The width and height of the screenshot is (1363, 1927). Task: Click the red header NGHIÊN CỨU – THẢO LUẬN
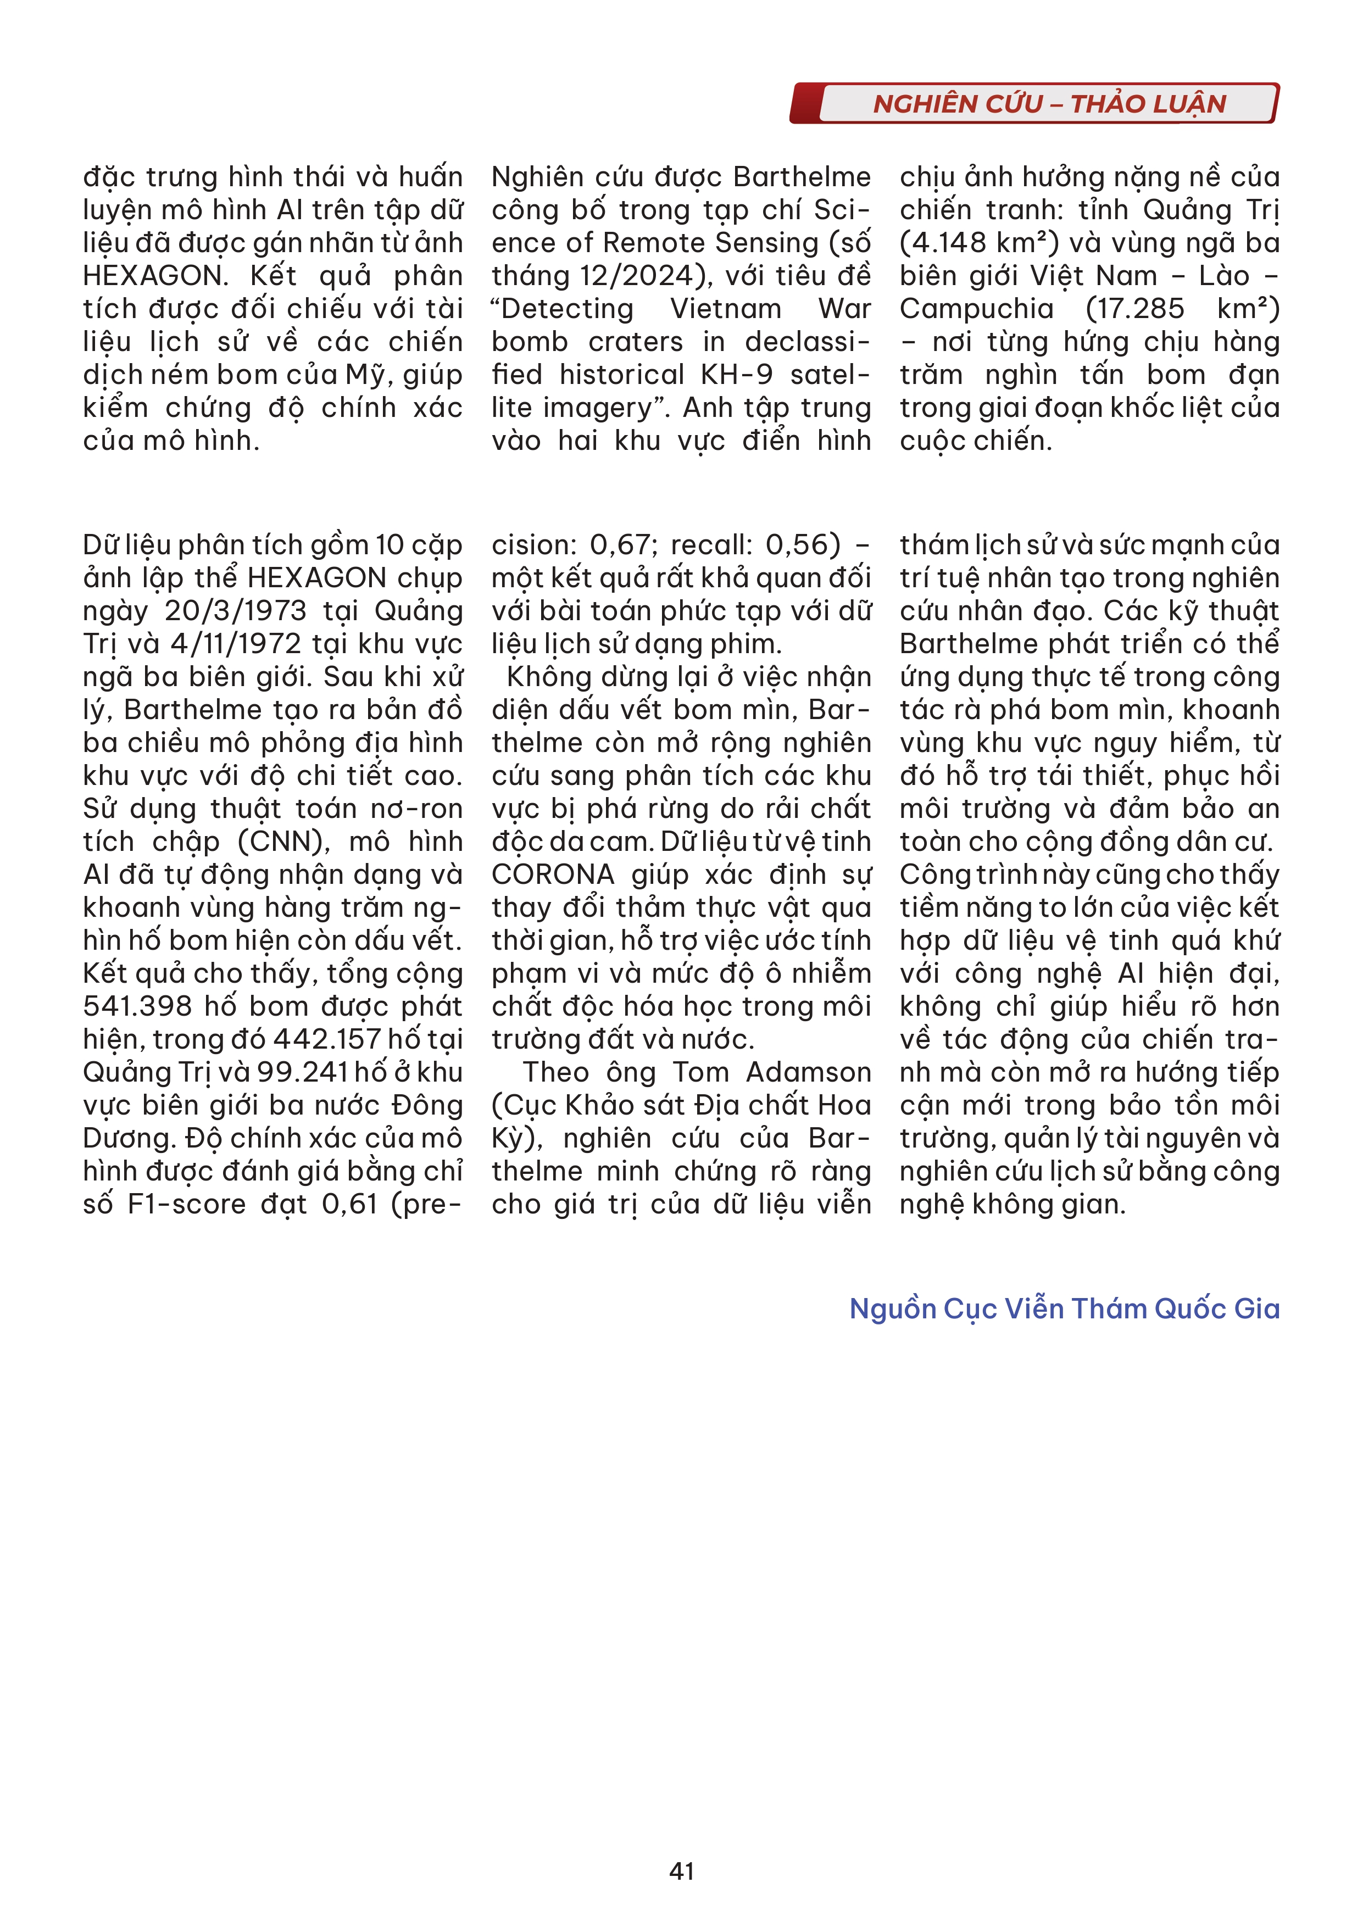pos(1049,104)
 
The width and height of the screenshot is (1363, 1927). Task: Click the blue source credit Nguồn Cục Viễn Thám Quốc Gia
pos(1064,1308)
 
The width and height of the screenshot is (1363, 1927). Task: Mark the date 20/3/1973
pos(235,611)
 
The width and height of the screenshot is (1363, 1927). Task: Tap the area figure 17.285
pos(1134,309)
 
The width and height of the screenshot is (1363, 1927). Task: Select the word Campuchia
pos(977,309)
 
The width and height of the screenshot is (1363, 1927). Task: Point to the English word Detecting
pos(563,309)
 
